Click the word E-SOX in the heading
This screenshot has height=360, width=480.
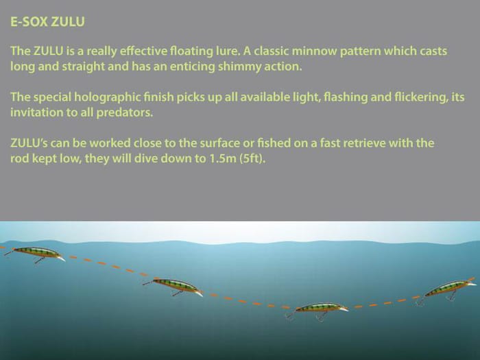tap(29, 22)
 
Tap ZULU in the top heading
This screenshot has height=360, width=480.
tap(68, 22)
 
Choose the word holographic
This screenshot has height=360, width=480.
tap(108, 97)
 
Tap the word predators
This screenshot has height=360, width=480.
tap(125, 112)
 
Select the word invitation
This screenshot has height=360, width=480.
tap(37, 112)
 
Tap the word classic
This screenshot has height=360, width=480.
tap(271, 51)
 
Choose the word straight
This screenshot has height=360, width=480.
tap(83, 67)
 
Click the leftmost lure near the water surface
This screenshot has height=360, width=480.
tap(34, 254)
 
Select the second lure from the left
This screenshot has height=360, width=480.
tap(173, 287)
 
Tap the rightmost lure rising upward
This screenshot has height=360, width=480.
tap(448, 289)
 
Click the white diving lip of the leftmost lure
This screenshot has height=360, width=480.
tap(61, 259)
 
